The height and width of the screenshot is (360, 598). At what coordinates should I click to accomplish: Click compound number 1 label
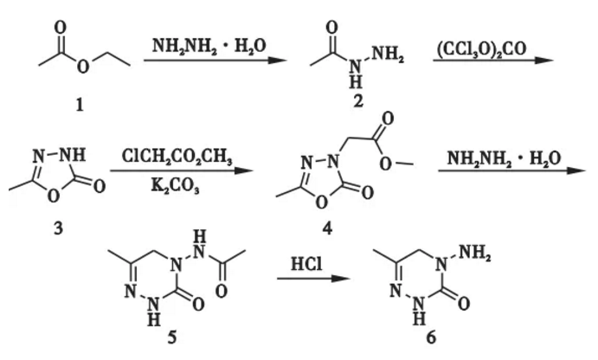(80, 105)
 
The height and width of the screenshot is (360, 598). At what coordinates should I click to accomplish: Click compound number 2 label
(358, 101)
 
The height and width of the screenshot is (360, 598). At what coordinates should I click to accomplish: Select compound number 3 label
(58, 228)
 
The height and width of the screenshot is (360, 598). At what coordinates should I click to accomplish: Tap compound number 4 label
(327, 228)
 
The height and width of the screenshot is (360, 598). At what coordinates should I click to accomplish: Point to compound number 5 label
(172, 337)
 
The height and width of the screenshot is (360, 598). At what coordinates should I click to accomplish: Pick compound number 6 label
(431, 337)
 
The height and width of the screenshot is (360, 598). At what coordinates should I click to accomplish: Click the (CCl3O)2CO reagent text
(481, 48)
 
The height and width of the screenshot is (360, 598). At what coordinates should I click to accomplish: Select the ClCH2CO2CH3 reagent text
(177, 156)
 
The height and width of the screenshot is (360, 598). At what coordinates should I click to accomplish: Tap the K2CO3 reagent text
(175, 186)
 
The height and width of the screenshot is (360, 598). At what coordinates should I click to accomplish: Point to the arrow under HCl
(313, 279)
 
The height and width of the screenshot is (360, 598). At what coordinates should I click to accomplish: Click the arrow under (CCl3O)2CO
(493, 61)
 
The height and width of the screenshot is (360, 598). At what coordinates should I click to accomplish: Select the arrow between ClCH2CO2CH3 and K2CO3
(182, 170)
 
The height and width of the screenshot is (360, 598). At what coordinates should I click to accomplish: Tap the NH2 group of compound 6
(474, 253)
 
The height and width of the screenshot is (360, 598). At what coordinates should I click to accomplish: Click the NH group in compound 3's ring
(74, 155)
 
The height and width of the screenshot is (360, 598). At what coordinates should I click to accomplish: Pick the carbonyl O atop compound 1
(61, 28)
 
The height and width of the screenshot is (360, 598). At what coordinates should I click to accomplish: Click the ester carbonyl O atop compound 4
(388, 119)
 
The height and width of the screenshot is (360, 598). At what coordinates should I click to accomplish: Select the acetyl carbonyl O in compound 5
(222, 292)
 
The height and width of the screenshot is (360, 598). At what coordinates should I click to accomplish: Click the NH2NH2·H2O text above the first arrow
(209, 46)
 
